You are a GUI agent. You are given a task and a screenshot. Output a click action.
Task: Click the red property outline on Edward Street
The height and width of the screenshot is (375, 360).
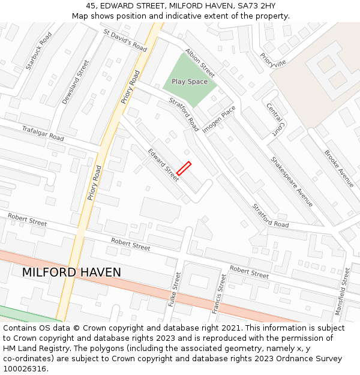point(184,168)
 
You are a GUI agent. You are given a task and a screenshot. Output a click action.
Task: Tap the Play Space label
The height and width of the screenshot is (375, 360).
point(190,82)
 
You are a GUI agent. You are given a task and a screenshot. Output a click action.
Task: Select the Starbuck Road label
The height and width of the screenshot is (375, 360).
point(39,51)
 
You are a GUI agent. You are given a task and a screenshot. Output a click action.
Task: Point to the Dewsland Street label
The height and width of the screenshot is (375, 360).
point(76,82)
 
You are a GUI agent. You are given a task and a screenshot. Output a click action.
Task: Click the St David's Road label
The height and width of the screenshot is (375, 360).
point(125,40)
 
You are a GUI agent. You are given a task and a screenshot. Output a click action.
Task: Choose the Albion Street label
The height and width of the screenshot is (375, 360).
point(200,62)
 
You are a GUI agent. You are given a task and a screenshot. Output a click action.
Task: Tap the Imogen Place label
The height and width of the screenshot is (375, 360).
point(219,119)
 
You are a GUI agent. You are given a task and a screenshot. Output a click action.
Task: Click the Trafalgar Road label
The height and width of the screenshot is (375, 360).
point(43,133)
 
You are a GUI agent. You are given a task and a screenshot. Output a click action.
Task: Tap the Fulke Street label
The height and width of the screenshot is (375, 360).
point(175,289)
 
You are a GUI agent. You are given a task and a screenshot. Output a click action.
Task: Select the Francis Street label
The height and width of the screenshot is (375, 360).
point(219,294)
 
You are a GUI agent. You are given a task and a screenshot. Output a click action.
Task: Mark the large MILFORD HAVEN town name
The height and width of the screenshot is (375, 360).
point(71,272)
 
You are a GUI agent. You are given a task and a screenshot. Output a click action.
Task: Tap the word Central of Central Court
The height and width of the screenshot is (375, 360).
point(274,112)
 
